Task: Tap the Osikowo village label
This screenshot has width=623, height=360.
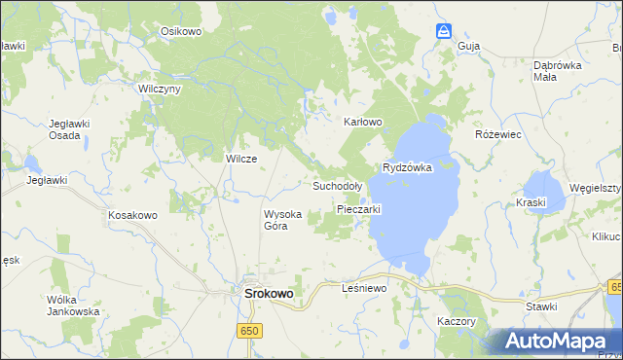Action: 180,31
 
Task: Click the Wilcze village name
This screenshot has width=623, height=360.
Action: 240,159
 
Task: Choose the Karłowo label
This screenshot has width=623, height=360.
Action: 363,123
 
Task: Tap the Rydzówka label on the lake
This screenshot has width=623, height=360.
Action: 407,167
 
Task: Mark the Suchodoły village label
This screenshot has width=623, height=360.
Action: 338,185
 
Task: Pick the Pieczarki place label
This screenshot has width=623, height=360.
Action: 358,209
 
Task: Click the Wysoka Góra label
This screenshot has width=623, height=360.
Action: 283,220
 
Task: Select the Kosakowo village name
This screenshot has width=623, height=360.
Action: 132,214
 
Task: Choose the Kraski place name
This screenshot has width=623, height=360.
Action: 533,201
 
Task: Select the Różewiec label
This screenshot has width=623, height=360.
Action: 498,134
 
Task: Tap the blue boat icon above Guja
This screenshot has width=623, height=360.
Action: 444,30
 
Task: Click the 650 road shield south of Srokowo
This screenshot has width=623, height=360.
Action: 250,332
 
